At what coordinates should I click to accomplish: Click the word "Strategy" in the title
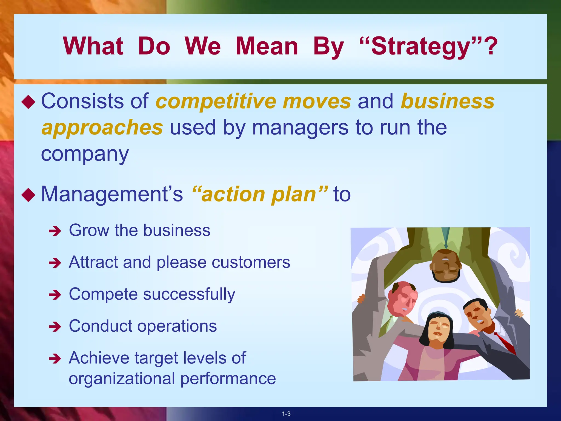[x=420, y=47]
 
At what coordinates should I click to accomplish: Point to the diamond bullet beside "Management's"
[x=28, y=195]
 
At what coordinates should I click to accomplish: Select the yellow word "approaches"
[x=102, y=128]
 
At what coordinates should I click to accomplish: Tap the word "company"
[x=85, y=154]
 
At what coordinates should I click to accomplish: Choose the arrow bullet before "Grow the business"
[x=55, y=231]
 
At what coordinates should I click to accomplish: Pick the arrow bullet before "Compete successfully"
[x=55, y=295]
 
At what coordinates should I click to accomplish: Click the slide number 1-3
[x=286, y=414]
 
